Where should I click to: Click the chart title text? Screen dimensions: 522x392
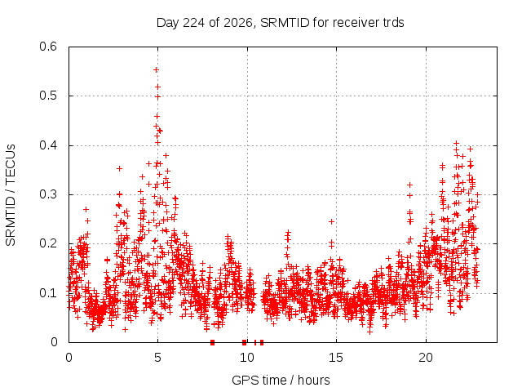coord(280,23)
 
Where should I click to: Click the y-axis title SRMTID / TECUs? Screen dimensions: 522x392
coord(11,195)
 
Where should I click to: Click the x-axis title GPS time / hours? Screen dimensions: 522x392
coord(281,380)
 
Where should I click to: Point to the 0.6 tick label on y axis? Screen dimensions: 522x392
coord(48,47)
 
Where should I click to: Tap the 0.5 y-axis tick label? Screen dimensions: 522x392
coord(48,96)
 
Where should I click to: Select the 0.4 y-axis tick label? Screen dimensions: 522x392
coord(48,145)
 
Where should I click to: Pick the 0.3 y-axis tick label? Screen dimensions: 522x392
coord(48,194)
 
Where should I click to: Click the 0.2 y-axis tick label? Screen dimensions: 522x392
coord(48,243)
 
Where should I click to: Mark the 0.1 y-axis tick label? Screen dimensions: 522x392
coord(48,293)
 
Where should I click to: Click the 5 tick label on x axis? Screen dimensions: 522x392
coord(157,358)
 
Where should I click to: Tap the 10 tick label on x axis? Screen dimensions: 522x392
coord(247,358)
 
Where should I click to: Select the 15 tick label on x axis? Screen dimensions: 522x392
coord(336,358)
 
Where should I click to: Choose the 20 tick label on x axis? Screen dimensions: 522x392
coord(426,358)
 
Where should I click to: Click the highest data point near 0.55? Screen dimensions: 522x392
coord(156,69)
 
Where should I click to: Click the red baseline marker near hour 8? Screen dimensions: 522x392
coord(212,342)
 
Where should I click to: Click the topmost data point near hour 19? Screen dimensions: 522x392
coord(409,185)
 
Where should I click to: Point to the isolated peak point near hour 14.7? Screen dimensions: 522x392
coord(331,221)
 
